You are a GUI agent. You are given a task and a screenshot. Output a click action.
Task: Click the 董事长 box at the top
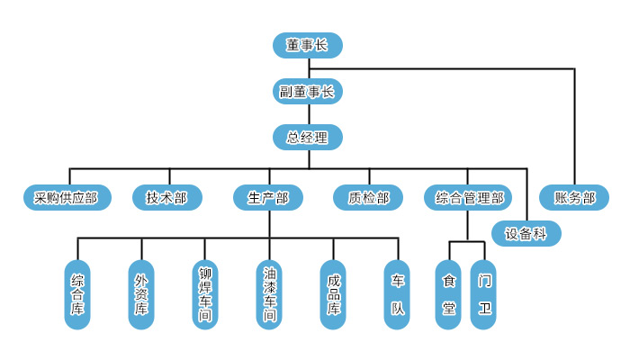pyautogui.click(x=307, y=45)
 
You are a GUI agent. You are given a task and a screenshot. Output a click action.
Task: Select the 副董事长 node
pyautogui.click(x=307, y=91)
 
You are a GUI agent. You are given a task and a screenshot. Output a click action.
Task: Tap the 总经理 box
pyautogui.click(x=307, y=138)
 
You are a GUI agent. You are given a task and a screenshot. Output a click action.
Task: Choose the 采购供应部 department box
pyautogui.click(x=67, y=198)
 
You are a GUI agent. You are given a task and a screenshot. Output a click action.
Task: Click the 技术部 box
pyautogui.click(x=166, y=198)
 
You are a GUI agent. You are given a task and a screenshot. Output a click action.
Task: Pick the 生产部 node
pyautogui.click(x=267, y=198)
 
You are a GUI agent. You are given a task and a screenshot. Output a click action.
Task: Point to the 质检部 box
pyautogui.click(x=368, y=198)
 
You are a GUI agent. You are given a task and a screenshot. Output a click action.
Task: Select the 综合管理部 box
pyautogui.click(x=469, y=198)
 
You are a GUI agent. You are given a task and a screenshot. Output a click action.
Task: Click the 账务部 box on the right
pyautogui.click(x=574, y=198)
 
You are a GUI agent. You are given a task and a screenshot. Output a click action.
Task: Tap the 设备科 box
pyautogui.click(x=526, y=234)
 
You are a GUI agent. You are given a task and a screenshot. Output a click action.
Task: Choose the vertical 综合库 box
pyautogui.click(x=77, y=295)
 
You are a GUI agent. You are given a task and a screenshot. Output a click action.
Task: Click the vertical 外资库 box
pyautogui.click(x=141, y=295)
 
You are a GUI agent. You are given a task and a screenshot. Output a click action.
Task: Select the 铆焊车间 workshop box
pyautogui.click(x=205, y=295)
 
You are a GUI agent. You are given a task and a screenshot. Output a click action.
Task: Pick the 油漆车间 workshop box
pyautogui.click(x=269, y=295)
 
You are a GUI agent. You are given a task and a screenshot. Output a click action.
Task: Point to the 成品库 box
pyautogui.click(x=333, y=295)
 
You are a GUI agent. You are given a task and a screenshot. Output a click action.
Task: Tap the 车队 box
pyautogui.click(x=397, y=295)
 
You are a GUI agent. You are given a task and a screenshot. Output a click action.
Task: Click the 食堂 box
pyautogui.click(x=448, y=295)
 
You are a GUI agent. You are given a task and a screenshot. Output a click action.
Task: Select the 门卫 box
pyautogui.click(x=484, y=295)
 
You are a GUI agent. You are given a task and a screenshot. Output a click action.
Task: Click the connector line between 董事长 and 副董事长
pyautogui.click(x=308, y=68)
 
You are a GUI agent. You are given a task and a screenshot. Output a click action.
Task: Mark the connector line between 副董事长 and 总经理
pyautogui.click(x=308, y=114)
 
